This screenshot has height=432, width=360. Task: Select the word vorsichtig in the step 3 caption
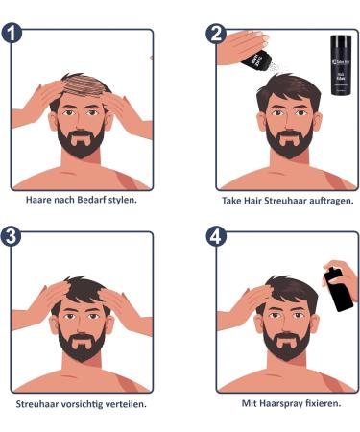point(88,404)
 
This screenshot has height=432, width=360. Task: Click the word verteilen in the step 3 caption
point(130,404)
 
